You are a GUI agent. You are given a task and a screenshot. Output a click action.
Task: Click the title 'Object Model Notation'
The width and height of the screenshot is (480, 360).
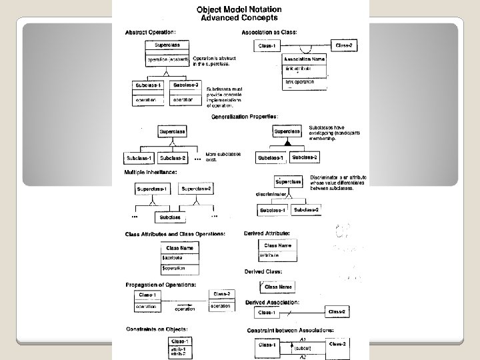click(x=238, y=9)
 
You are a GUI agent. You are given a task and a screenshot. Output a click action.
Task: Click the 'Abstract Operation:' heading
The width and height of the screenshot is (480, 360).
click(x=151, y=32)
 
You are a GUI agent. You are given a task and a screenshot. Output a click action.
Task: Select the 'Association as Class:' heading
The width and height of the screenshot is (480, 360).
click(x=269, y=32)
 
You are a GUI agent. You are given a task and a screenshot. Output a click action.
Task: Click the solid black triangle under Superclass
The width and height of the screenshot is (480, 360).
click(x=287, y=143)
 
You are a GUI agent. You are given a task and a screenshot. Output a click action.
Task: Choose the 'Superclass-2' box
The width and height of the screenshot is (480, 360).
click(x=197, y=189)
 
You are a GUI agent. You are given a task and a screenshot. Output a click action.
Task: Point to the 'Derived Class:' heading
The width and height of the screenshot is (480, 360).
click(x=263, y=272)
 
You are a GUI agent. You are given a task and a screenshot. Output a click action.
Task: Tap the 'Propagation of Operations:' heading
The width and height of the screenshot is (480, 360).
click(x=161, y=285)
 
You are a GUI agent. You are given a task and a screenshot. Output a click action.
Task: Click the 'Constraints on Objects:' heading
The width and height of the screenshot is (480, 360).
click(x=156, y=329)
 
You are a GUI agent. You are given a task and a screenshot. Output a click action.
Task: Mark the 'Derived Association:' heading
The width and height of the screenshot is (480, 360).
click(x=272, y=302)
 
